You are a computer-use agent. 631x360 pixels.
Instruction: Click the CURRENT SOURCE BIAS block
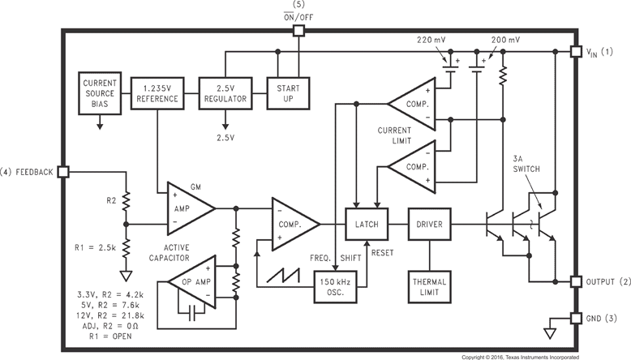tap(100, 92)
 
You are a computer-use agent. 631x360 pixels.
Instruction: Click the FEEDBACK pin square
tap(63, 172)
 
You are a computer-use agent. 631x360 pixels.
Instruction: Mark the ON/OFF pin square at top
tap(298, 31)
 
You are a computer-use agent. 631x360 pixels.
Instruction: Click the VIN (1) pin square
tap(577, 51)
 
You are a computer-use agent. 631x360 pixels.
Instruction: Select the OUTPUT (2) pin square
tap(577, 281)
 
